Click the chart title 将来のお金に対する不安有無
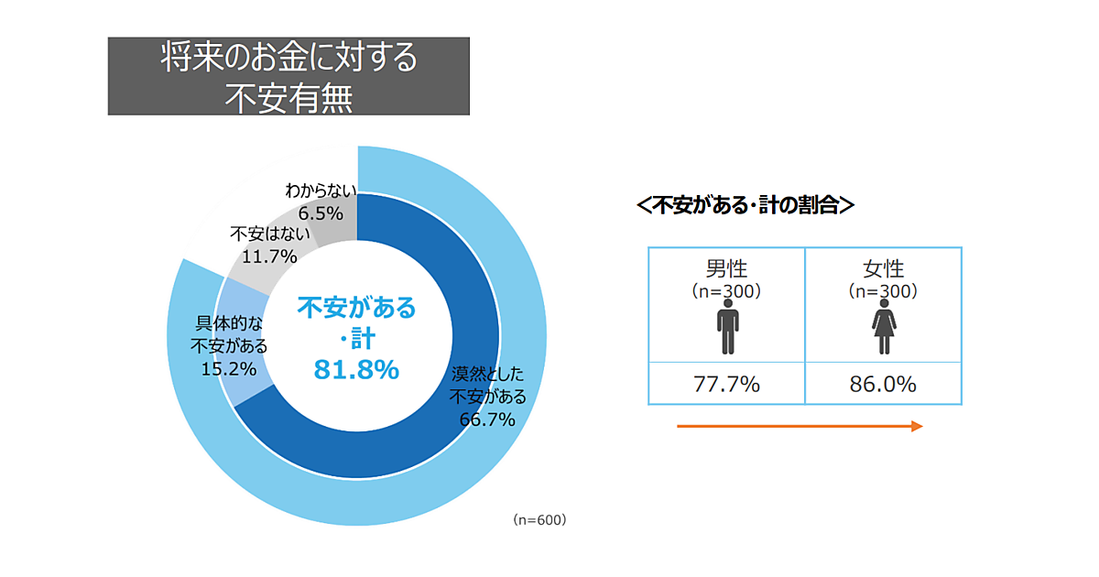(288, 76)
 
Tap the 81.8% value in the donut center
(356, 369)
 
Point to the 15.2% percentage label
(228, 368)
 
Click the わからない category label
(320, 192)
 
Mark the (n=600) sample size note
(540, 519)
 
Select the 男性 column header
(726, 269)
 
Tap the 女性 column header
(884, 269)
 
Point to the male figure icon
(727, 331)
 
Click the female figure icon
(884, 331)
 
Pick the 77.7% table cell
(726, 385)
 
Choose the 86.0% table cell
(884, 385)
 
